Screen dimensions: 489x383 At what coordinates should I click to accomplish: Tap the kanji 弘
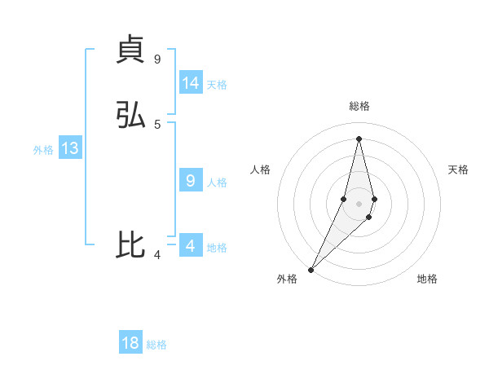point(130,115)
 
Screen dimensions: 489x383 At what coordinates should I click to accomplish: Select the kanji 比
point(130,244)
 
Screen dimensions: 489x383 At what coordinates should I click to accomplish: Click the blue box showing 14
point(191,83)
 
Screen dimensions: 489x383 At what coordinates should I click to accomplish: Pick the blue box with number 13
point(69,148)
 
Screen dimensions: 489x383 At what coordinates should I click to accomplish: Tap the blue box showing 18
point(130,343)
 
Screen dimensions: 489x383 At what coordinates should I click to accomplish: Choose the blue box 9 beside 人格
point(191,181)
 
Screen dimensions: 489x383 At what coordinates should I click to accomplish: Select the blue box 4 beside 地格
point(191,246)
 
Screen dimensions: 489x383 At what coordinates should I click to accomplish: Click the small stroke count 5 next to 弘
point(157,124)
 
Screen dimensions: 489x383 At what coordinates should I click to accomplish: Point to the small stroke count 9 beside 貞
point(157,59)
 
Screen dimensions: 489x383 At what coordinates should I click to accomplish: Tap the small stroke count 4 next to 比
point(157,255)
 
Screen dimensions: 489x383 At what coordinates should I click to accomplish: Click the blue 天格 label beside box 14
point(217,85)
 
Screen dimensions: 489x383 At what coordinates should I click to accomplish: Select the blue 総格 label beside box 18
point(156,345)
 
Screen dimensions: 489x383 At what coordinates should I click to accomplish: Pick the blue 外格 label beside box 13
point(43,150)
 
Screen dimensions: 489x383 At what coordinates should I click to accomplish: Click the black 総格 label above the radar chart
point(359,106)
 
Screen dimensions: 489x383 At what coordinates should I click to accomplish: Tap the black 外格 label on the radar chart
point(287,280)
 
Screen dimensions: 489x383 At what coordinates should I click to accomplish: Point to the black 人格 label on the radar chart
point(261,169)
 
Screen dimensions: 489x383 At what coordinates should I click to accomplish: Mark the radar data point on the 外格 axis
point(311,269)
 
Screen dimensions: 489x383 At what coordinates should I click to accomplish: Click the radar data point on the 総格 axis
point(359,139)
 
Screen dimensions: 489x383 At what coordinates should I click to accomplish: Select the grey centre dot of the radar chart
point(359,204)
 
